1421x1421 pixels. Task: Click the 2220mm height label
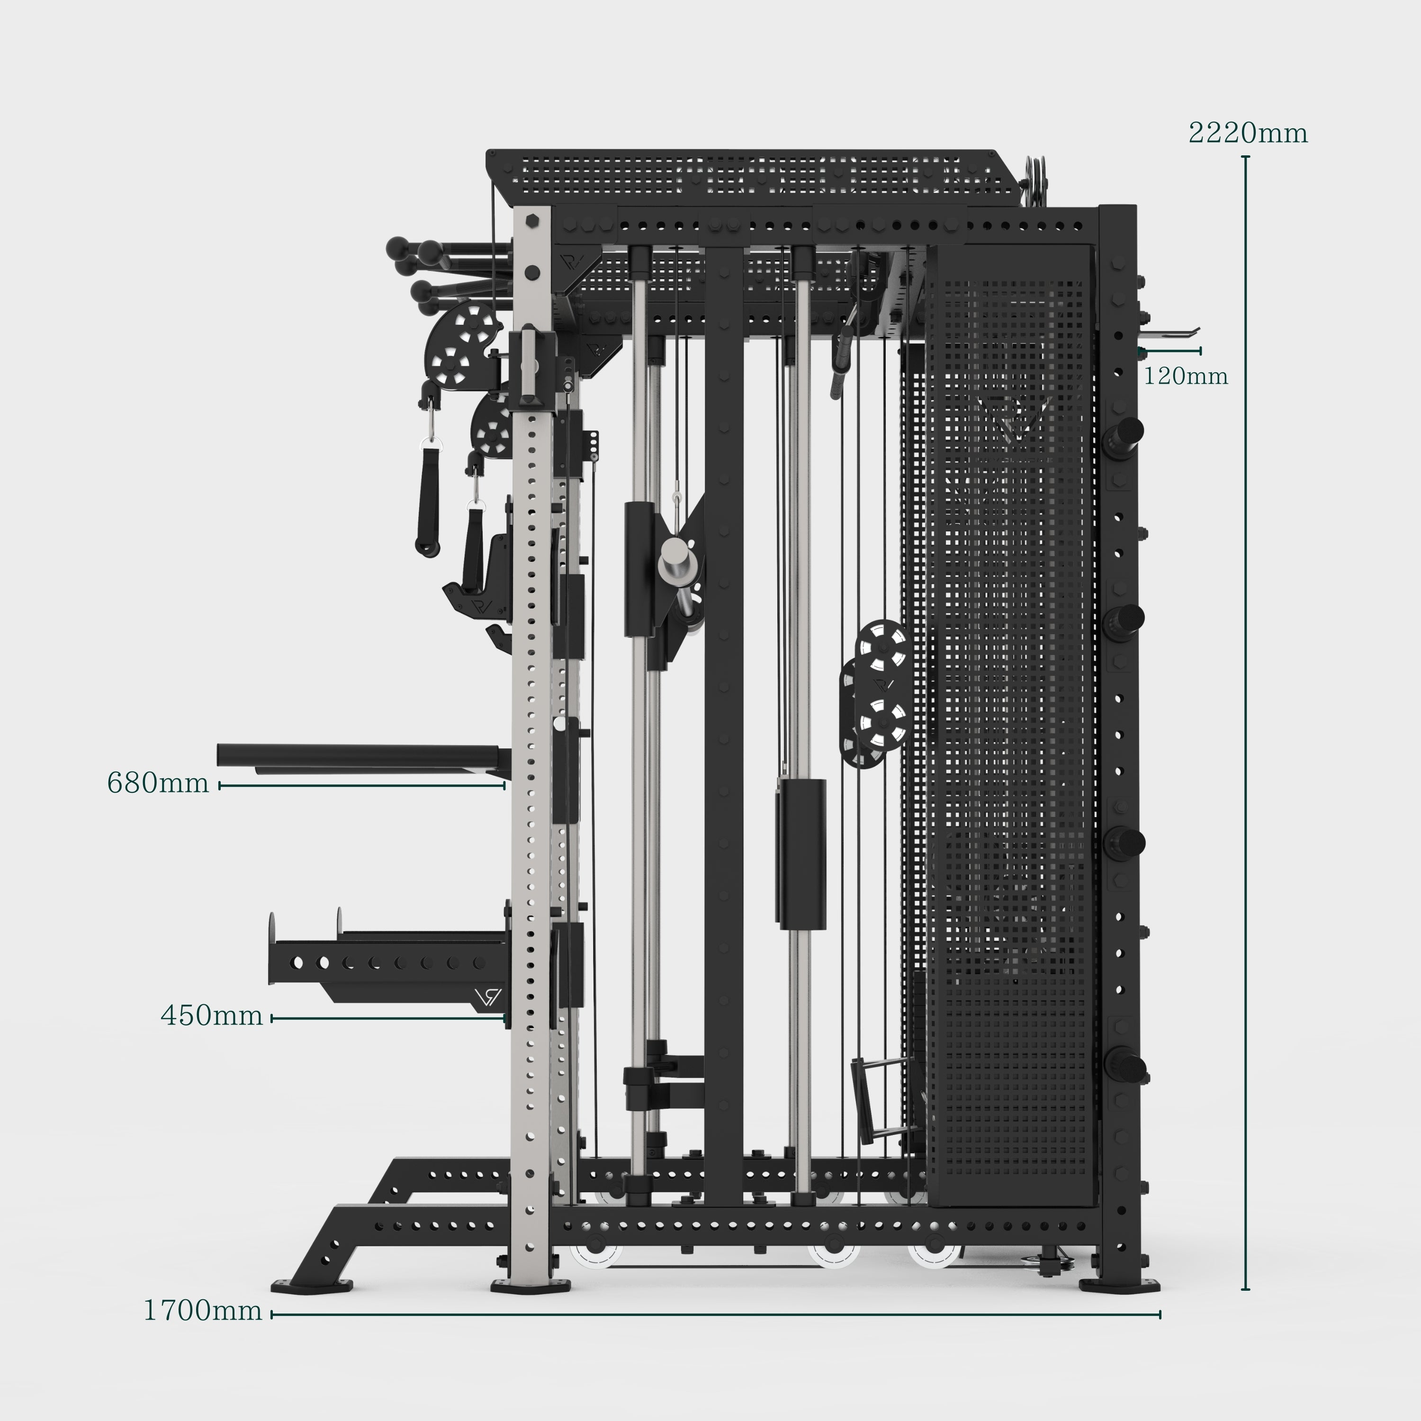(1248, 133)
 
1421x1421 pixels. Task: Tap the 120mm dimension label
(1186, 377)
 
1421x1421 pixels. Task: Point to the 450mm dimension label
(212, 1016)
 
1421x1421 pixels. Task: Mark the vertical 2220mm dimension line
(1245, 723)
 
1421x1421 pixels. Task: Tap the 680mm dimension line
(362, 785)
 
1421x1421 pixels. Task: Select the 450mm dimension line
(389, 1019)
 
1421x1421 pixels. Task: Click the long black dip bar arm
(363, 756)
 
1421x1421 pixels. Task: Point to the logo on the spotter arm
(488, 998)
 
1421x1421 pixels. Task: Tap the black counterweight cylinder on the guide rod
(800, 854)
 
